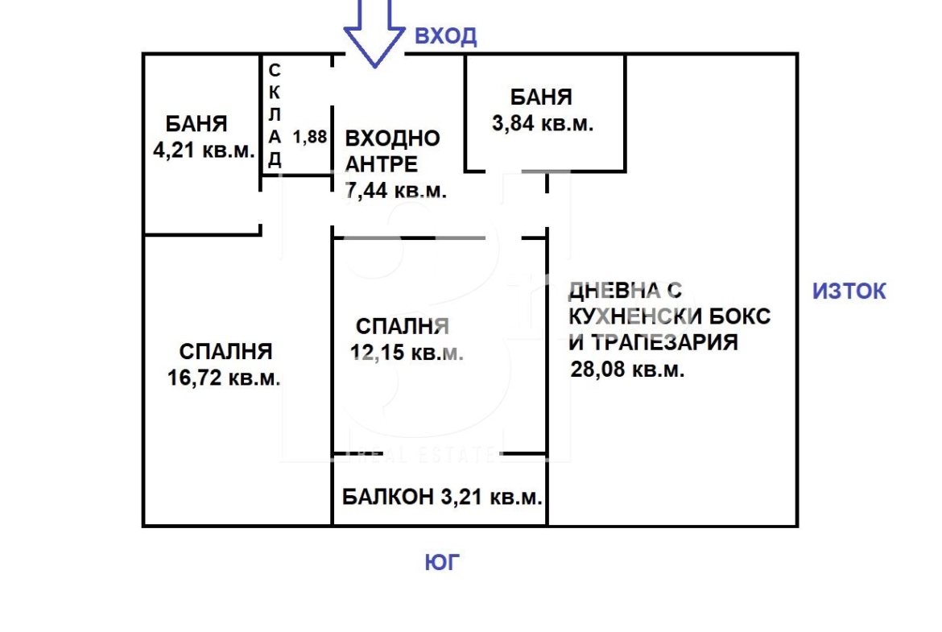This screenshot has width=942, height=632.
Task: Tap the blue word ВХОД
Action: tap(446, 36)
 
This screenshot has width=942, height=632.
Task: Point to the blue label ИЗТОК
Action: tap(849, 291)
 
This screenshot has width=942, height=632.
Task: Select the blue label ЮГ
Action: tap(442, 563)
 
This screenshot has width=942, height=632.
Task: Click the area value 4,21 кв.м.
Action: tap(204, 151)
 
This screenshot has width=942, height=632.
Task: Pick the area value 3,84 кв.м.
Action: tap(543, 124)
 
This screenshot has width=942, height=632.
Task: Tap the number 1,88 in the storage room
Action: tap(309, 137)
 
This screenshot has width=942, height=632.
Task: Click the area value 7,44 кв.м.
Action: tap(396, 191)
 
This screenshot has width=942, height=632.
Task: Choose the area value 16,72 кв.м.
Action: tap(224, 378)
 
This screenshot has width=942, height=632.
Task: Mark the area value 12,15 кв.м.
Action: tap(407, 352)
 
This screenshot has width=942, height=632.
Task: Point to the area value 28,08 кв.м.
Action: tap(627, 369)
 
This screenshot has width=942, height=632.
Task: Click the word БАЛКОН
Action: tap(387, 497)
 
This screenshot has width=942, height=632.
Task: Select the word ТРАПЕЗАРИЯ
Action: tap(664, 342)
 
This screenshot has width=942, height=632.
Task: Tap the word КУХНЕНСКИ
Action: tap(635, 316)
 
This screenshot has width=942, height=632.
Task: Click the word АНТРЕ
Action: tap(381, 164)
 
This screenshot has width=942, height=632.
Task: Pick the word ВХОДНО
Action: tap(392, 138)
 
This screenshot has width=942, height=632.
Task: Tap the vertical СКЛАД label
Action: tap(275, 115)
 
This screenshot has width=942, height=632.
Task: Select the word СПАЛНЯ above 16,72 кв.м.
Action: tap(225, 352)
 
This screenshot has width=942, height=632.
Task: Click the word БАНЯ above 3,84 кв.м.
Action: tap(541, 97)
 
